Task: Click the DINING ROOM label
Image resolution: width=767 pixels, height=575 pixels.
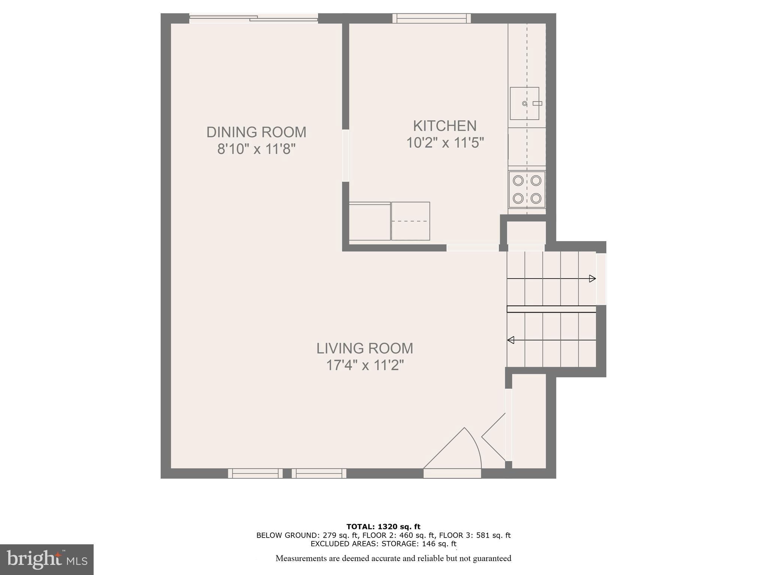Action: [256, 132]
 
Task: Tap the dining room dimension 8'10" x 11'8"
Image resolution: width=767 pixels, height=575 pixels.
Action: [256, 149]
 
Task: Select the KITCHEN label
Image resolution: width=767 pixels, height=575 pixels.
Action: [445, 126]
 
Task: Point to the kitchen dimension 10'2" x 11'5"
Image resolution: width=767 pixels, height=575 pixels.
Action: [445, 143]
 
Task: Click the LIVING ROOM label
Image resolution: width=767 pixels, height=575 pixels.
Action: [364, 348]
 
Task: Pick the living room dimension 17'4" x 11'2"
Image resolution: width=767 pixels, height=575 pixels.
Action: [365, 365]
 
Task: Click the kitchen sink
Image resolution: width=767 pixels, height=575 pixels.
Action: [524, 103]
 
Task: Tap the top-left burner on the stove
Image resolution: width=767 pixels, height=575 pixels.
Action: [518, 181]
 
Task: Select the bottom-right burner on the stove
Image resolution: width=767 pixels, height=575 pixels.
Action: [536, 198]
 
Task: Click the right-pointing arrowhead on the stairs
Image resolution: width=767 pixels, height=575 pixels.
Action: [592, 279]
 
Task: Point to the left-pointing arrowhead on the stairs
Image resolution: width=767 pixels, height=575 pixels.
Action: [510, 340]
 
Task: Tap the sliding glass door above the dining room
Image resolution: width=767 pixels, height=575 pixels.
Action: [254, 18]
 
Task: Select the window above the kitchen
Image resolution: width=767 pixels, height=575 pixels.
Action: [431, 18]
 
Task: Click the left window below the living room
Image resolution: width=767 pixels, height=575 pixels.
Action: [255, 474]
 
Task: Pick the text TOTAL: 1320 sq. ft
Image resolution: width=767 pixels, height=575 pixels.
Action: [383, 527]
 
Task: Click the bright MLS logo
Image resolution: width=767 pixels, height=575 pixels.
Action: [46, 559]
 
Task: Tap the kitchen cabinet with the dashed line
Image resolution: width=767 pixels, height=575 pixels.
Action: [410, 221]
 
